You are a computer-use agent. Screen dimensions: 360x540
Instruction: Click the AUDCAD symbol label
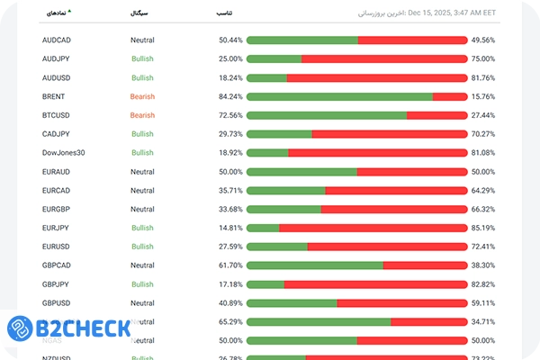point(56,40)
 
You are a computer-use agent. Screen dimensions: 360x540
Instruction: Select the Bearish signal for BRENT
point(142,96)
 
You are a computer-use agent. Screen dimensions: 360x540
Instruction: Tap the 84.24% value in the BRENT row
point(230,96)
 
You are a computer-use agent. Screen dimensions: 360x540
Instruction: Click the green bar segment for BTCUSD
point(327,115)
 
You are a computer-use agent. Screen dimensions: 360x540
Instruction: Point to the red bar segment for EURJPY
point(373,228)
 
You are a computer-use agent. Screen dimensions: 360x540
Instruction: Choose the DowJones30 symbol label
point(63,153)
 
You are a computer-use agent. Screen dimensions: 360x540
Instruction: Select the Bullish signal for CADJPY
point(142,134)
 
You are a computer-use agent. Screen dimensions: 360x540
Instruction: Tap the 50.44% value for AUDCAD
point(230,40)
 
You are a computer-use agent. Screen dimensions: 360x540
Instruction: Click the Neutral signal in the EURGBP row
point(142,209)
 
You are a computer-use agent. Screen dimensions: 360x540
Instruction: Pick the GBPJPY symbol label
point(56,284)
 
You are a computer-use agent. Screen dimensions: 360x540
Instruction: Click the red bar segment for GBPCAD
point(425,265)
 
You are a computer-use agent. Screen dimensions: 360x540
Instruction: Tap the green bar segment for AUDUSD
point(266,78)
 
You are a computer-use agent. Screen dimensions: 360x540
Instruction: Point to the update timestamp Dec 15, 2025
point(450,13)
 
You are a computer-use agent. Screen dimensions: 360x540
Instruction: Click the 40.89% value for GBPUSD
point(230,303)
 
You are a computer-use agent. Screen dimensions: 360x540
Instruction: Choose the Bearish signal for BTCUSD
point(142,115)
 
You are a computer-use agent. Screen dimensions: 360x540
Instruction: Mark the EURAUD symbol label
point(56,172)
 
